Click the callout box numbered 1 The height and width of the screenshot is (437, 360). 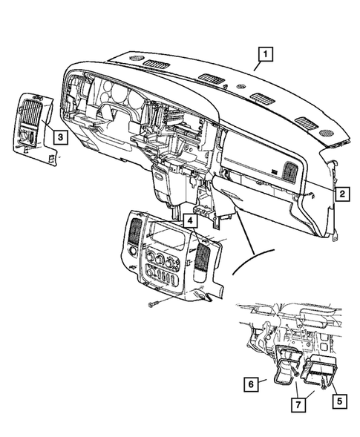click(x=266, y=54)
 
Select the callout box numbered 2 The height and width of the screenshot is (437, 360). click(x=342, y=194)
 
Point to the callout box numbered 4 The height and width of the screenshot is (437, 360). click(x=191, y=220)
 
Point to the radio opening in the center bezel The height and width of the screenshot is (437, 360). click(x=166, y=238)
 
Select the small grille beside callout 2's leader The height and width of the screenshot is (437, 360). click(x=287, y=172)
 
